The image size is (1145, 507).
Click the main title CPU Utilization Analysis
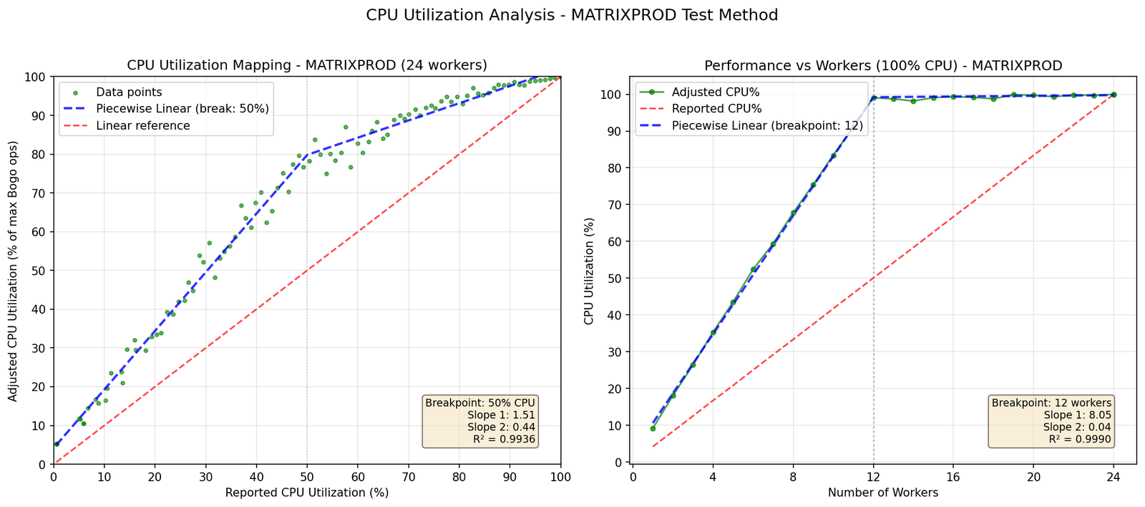(x=572, y=15)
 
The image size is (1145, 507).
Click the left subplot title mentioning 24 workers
(x=307, y=65)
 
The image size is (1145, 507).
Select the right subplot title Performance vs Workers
(x=883, y=65)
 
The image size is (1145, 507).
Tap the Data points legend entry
(x=129, y=92)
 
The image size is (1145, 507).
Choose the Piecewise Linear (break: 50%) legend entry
(x=182, y=109)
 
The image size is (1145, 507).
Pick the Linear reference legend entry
(x=143, y=125)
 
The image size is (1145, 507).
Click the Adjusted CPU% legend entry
(x=716, y=92)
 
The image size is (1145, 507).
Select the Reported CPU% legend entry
(x=716, y=109)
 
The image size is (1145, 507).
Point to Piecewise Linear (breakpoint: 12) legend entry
(x=767, y=125)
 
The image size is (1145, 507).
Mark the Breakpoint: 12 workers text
(x=1051, y=403)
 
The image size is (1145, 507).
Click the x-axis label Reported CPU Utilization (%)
(x=307, y=493)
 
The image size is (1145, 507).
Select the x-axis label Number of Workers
(x=883, y=493)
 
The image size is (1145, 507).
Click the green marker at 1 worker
(x=653, y=429)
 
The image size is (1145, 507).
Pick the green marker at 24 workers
(x=1114, y=95)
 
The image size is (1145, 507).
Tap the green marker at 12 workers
(x=873, y=98)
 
